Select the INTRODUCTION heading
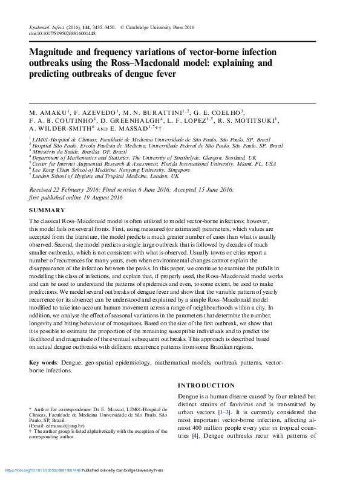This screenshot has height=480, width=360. (x=206, y=385)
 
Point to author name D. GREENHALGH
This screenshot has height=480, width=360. (x=133, y=120)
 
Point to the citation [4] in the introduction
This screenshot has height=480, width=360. (x=195, y=435)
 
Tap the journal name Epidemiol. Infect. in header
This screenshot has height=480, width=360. (x=50, y=28)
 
